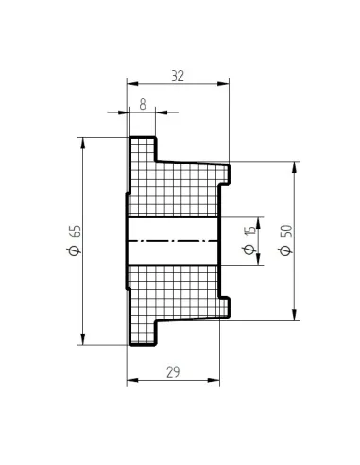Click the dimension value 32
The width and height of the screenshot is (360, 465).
coord(178,76)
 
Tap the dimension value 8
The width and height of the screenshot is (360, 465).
coord(143,104)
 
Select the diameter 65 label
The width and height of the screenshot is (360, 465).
coord(75,240)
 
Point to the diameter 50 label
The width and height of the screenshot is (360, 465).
coord(286,240)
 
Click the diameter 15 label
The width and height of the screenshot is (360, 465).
coord(249,240)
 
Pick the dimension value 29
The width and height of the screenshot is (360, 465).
coord(173,372)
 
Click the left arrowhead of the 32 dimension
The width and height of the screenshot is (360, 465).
coord(132,84)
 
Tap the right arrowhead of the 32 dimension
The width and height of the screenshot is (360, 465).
coord(223,84)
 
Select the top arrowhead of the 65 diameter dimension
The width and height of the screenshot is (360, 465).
coord(83,144)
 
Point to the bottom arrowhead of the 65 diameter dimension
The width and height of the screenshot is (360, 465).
coord(83,339)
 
